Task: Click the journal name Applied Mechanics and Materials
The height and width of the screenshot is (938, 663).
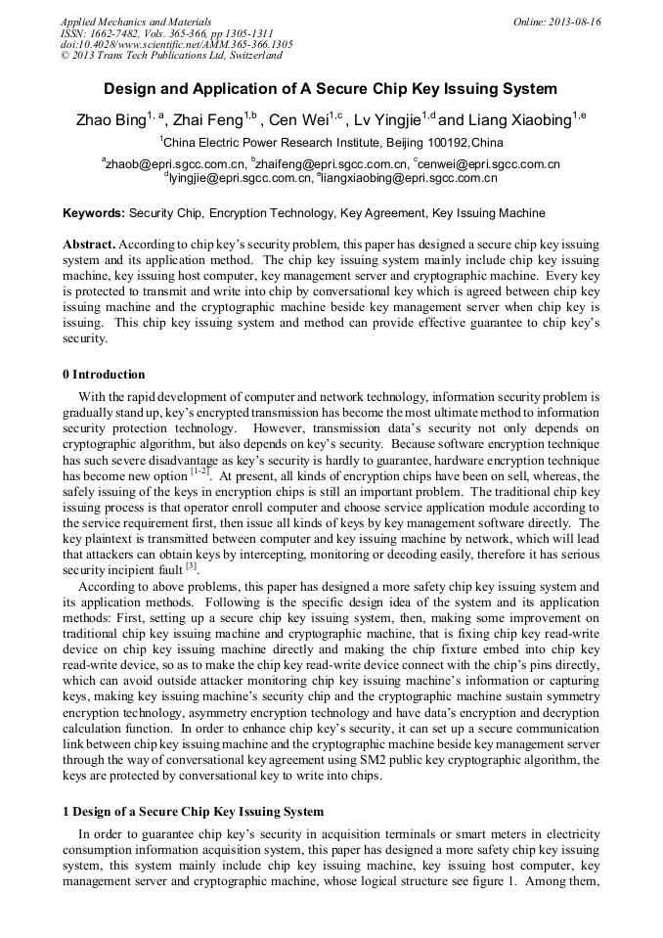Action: [135, 22]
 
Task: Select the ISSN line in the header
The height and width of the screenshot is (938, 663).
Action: [166, 33]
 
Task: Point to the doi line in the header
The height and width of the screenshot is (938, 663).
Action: [176, 44]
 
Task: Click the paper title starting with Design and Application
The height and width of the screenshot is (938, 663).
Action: [331, 89]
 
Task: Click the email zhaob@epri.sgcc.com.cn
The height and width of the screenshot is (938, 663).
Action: [176, 164]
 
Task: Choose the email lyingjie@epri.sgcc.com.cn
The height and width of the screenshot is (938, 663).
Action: [241, 178]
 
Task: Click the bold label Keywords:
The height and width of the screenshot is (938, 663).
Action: [94, 213]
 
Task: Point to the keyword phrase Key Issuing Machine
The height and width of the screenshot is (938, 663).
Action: [488, 213]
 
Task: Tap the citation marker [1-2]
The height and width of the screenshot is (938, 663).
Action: [199, 471]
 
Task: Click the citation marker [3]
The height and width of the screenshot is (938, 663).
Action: [192, 566]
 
